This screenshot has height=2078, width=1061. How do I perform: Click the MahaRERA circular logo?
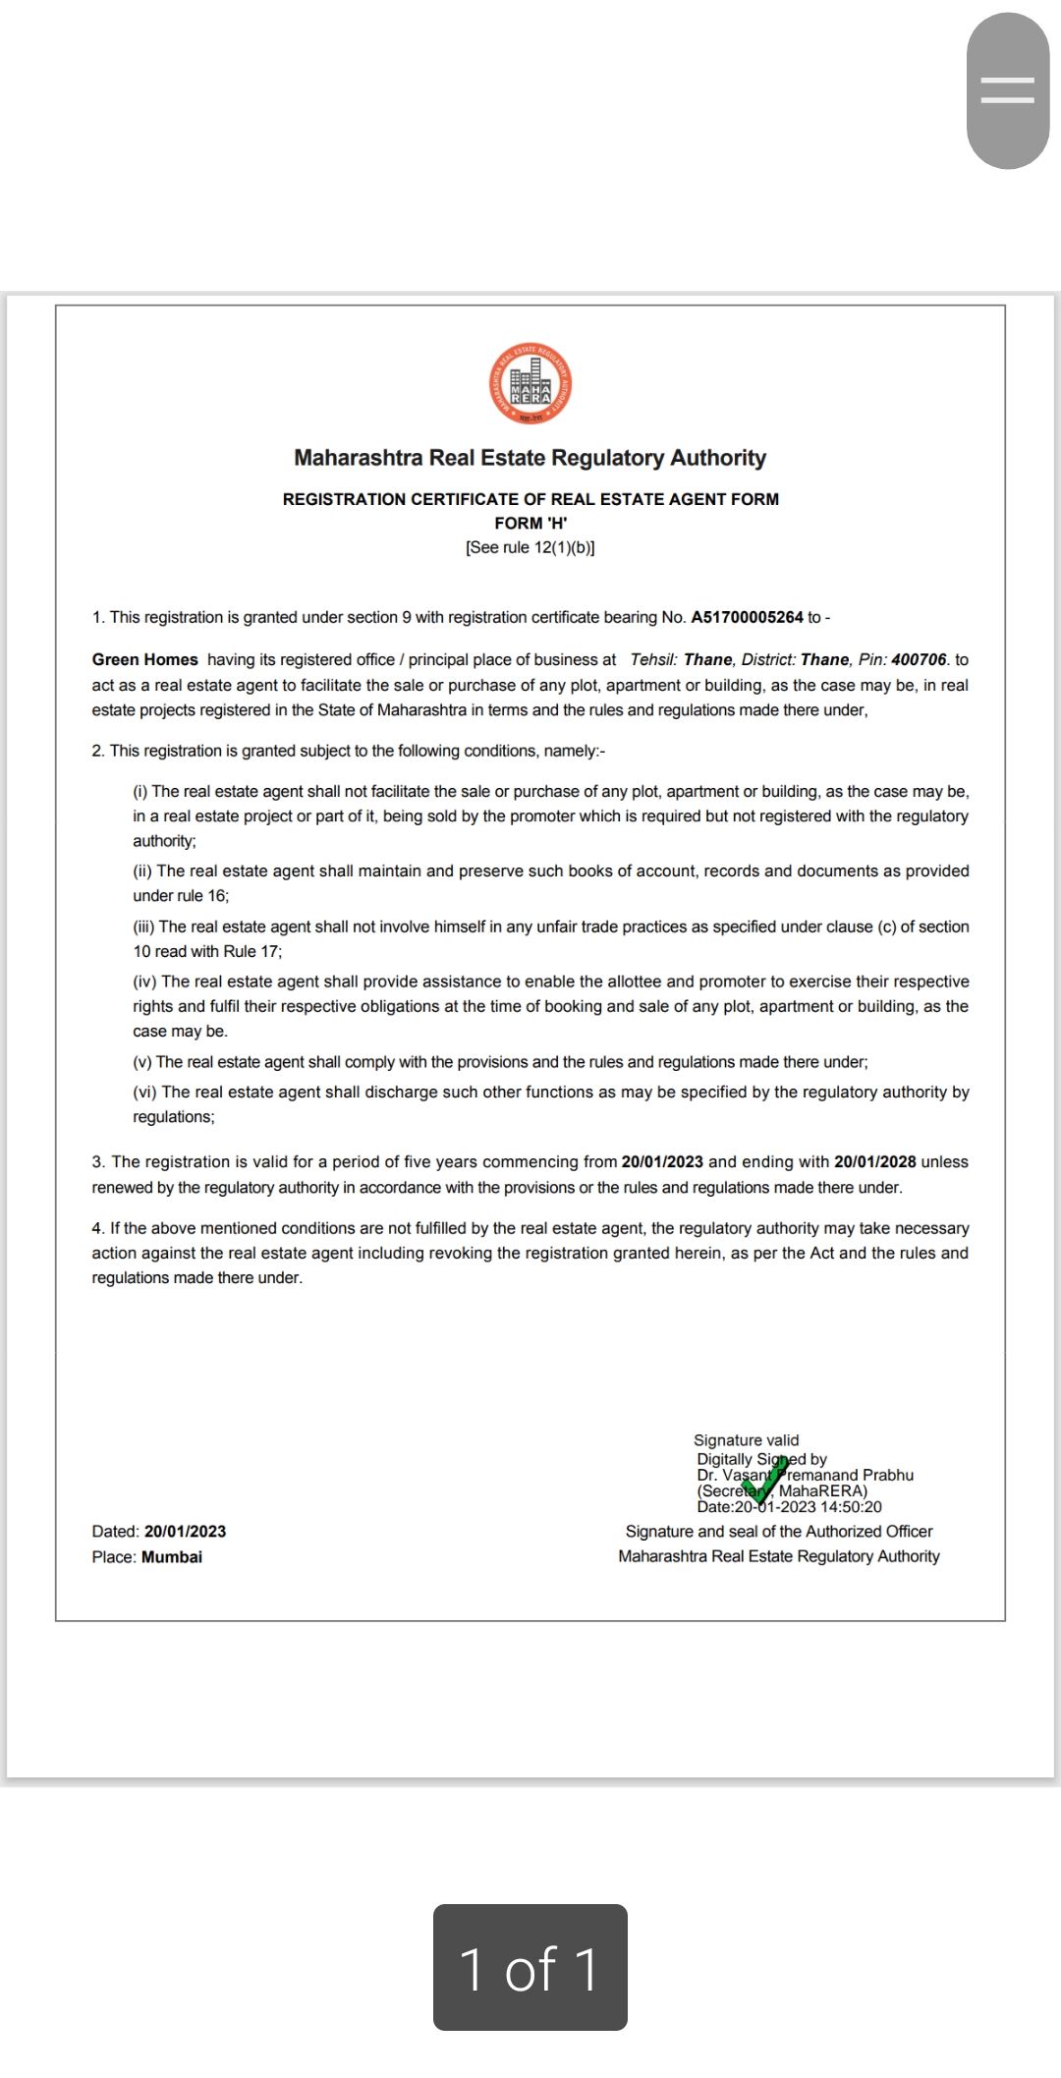[530, 384]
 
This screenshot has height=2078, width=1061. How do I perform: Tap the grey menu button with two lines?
[1008, 90]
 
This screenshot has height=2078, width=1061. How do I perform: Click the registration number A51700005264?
[747, 617]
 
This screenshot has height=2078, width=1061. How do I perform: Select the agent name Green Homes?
[144, 659]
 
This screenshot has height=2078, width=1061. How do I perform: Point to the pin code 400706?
[919, 659]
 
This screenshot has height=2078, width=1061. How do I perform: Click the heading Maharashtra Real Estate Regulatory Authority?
[530, 458]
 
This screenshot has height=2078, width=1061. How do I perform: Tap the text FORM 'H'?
[530, 523]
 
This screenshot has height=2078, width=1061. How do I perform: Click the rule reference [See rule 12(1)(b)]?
[530, 547]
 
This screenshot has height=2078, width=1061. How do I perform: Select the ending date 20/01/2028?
[874, 1161]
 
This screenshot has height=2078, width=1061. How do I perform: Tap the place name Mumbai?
[172, 1556]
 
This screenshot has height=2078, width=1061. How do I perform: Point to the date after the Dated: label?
[185, 1531]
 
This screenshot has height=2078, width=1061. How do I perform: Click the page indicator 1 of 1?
[530, 1967]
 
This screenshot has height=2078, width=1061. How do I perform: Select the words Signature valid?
[747, 1439]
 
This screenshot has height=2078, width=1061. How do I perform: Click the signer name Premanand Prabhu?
[847, 1475]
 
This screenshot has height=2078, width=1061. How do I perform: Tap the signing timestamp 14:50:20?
[851, 1506]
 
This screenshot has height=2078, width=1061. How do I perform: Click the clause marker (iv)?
[144, 982]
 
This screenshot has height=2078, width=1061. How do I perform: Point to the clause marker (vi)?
[144, 1092]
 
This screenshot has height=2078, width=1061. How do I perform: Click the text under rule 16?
[181, 895]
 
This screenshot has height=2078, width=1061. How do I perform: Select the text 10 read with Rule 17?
[207, 951]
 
